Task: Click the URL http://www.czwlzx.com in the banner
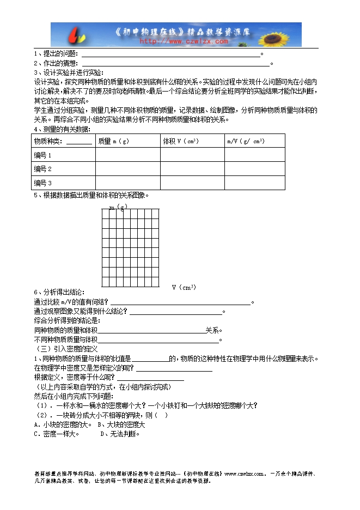point(184,41)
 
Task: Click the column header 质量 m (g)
point(113,141)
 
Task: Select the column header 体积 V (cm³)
point(180,141)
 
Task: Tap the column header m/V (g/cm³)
point(246,141)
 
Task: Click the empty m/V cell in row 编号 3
point(255,183)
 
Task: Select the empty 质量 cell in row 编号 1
point(127,155)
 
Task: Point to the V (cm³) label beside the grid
point(184,287)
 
